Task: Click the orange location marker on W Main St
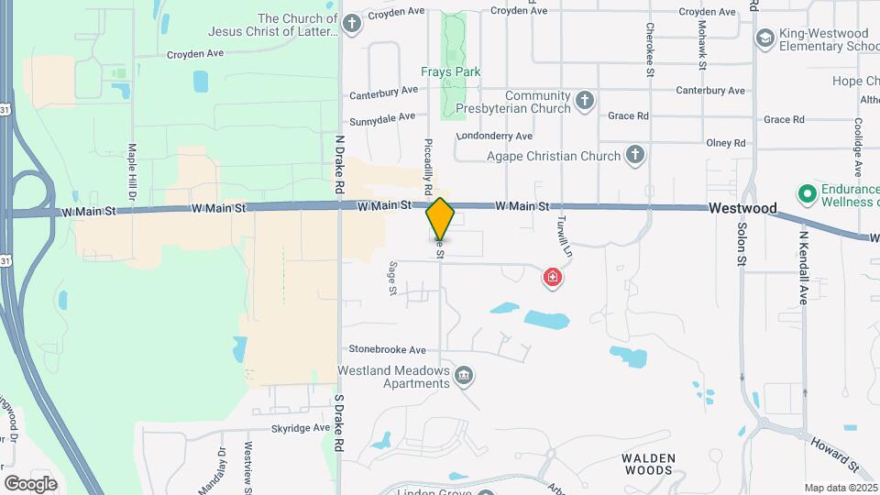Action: tap(440, 218)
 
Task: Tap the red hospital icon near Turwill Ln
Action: tap(552, 276)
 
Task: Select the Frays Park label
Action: tap(451, 71)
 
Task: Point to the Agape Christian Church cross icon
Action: tap(634, 155)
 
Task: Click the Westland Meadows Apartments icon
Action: tap(465, 375)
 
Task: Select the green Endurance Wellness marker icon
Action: tap(808, 193)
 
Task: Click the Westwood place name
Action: tap(737, 209)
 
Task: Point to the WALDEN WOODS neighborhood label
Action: tap(648, 464)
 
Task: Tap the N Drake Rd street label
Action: tap(339, 164)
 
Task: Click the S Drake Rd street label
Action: tap(339, 422)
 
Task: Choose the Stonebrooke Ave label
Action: tap(388, 349)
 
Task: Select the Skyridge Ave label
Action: tap(300, 428)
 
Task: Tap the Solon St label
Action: tap(742, 243)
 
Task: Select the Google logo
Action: tap(30, 483)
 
